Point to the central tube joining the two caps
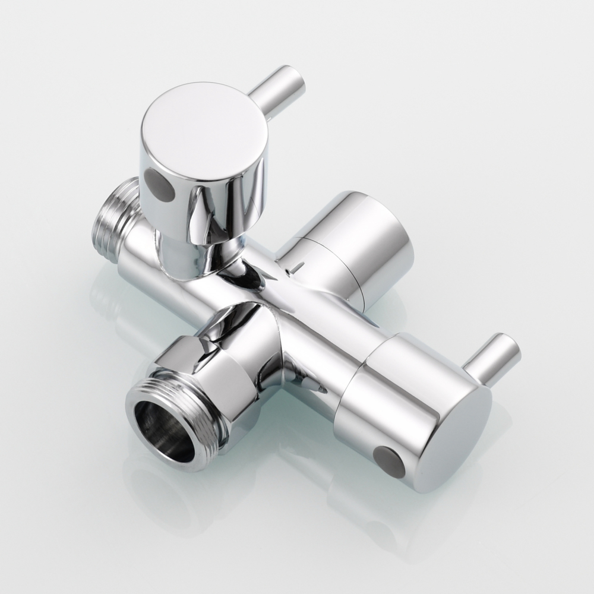pos(321,327)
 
